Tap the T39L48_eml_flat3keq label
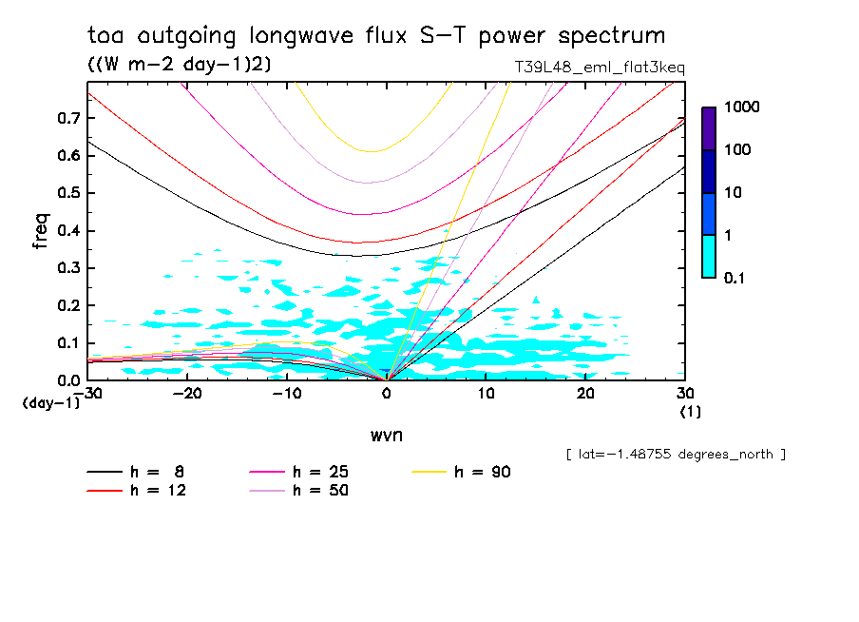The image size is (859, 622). [x=598, y=68]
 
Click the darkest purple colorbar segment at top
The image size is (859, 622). [x=709, y=128]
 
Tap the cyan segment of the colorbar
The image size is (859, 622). [x=709, y=256]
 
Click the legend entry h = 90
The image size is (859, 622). [x=463, y=472]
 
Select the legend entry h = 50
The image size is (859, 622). [x=300, y=491]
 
